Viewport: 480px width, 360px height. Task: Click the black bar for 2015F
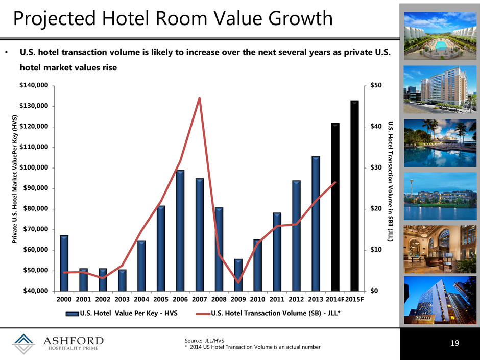click(x=354, y=196)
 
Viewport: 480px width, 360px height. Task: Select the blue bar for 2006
click(x=180, y=230)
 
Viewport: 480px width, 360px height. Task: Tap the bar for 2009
click(x=238, y=275)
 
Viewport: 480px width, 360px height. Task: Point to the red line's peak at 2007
click(x=199, y=98)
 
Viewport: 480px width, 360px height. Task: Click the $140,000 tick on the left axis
click(x=34, y=85)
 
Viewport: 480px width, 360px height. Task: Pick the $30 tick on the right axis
click(x=376, y=167)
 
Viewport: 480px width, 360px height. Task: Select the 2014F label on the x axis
click(x=335, y=299)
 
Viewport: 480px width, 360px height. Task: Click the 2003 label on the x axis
click(x=122, y=299)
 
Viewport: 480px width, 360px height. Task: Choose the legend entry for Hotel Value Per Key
click(x=122, y=313)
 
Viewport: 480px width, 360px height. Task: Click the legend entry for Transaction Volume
click(x=269, y=313)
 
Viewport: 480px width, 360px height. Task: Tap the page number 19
click(x=455, y=343)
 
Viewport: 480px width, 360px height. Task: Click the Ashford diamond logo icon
click(x=23, y=344)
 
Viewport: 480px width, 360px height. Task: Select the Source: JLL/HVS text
click(x=204, y=341)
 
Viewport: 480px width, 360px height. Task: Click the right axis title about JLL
click(x=390, y=181)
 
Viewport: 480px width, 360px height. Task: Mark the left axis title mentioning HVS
click(x=14, y=179)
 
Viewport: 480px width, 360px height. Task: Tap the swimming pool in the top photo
click(x=440, y=45)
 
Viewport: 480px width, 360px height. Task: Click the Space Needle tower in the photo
click(x=412, y=189)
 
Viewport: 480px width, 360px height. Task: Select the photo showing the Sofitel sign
click(x=440, y=300)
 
